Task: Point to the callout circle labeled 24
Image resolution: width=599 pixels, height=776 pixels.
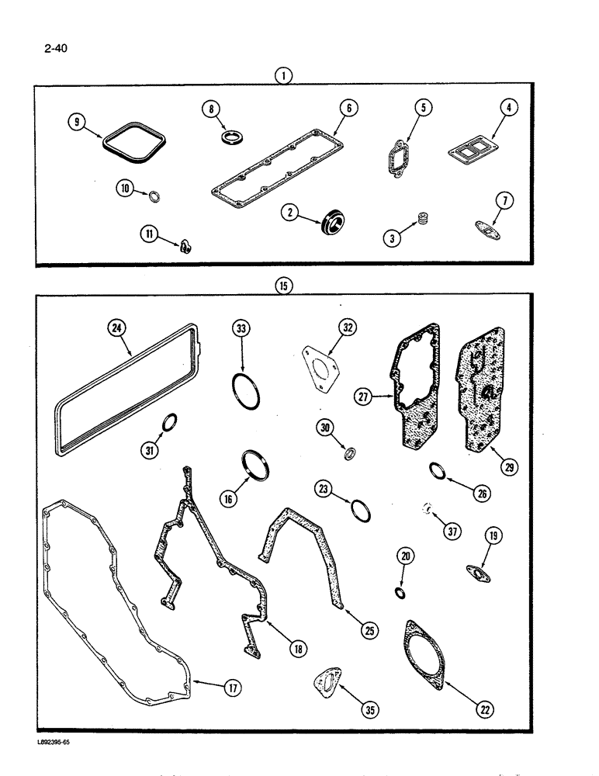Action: [117, 328]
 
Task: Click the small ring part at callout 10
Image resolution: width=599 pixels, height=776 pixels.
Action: [154, 193]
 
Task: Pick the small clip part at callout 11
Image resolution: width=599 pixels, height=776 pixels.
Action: [185, 247]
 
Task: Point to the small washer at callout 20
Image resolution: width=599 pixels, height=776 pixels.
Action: [400, 594]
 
